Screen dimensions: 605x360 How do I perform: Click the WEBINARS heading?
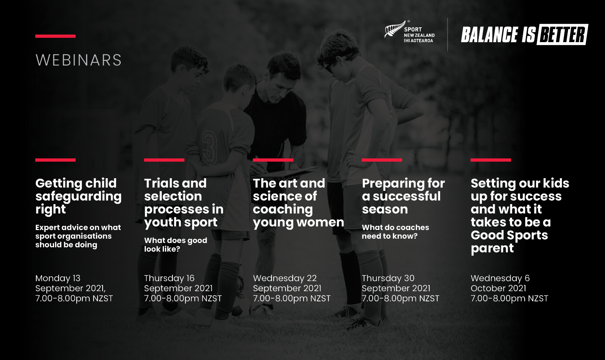pyautogui.click(x=79, y=60)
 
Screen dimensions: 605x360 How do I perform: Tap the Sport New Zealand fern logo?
pyautogui.click(x=395, y=29)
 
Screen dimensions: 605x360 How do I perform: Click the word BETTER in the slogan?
pyautogui.click(x=562, y=35)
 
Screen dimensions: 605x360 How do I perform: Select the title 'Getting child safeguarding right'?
pyautogui.click(x=79, y=196)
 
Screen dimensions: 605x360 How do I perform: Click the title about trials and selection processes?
pyautogui.click(x=184, y=203)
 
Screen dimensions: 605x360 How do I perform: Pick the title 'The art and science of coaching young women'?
pyautogui.click(x=299, y=203)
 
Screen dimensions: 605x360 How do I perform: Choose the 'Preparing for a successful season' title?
pyautogui.click(x=403, y=196)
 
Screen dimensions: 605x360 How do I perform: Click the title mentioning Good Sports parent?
pyautogui.click(x=520, y=216)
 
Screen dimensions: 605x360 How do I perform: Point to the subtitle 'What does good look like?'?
pyautogui.click(x=176, y=245)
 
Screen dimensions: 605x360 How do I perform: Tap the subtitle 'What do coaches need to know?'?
pyautogui.click(x=395, y=232)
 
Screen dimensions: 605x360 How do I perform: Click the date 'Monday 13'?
pyautogui.click(x=58, y=278)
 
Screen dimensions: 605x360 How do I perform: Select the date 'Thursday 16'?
pyautogui.click(x=169, y=278)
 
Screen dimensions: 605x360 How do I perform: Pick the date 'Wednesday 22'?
pyautogui.click(x=285, y=278)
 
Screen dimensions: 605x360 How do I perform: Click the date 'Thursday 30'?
pyautogui.click(x=388, y=278)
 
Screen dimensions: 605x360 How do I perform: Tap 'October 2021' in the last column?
pyautogui.click(x=498, y=288)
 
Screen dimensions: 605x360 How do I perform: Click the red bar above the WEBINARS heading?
pyautogui.click(x=55, y=36)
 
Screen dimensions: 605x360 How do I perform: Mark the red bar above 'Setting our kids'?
pyautogui.click(x=491, y=160)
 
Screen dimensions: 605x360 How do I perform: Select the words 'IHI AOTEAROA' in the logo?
pyautogui.click(x=418, y=41)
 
